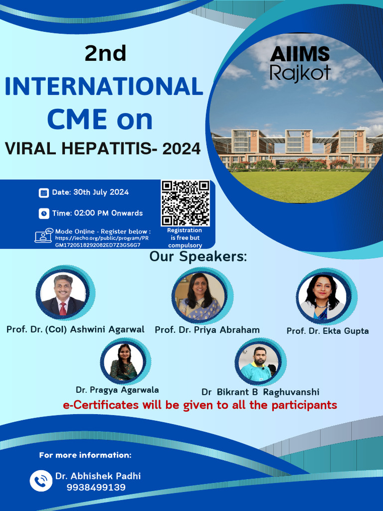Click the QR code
point(185,203)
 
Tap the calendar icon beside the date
point(44,193)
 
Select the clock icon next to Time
point(44,213)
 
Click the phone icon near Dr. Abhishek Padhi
point(41,481)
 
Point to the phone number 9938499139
point(96,488)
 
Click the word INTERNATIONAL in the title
point(104,87)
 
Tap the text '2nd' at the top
point(105,53)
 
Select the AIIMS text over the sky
point(300,54)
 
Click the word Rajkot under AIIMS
point(300,73)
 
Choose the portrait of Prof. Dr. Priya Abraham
point(199,296)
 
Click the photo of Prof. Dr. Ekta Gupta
point(322,297)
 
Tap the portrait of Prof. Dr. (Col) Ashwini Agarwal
point(63,295)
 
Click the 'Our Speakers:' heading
point(198,257)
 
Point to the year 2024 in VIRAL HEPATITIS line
point(178,148)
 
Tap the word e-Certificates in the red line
point(101,405)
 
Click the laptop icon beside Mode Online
point(44,235)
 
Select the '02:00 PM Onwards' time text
point(108,213)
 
